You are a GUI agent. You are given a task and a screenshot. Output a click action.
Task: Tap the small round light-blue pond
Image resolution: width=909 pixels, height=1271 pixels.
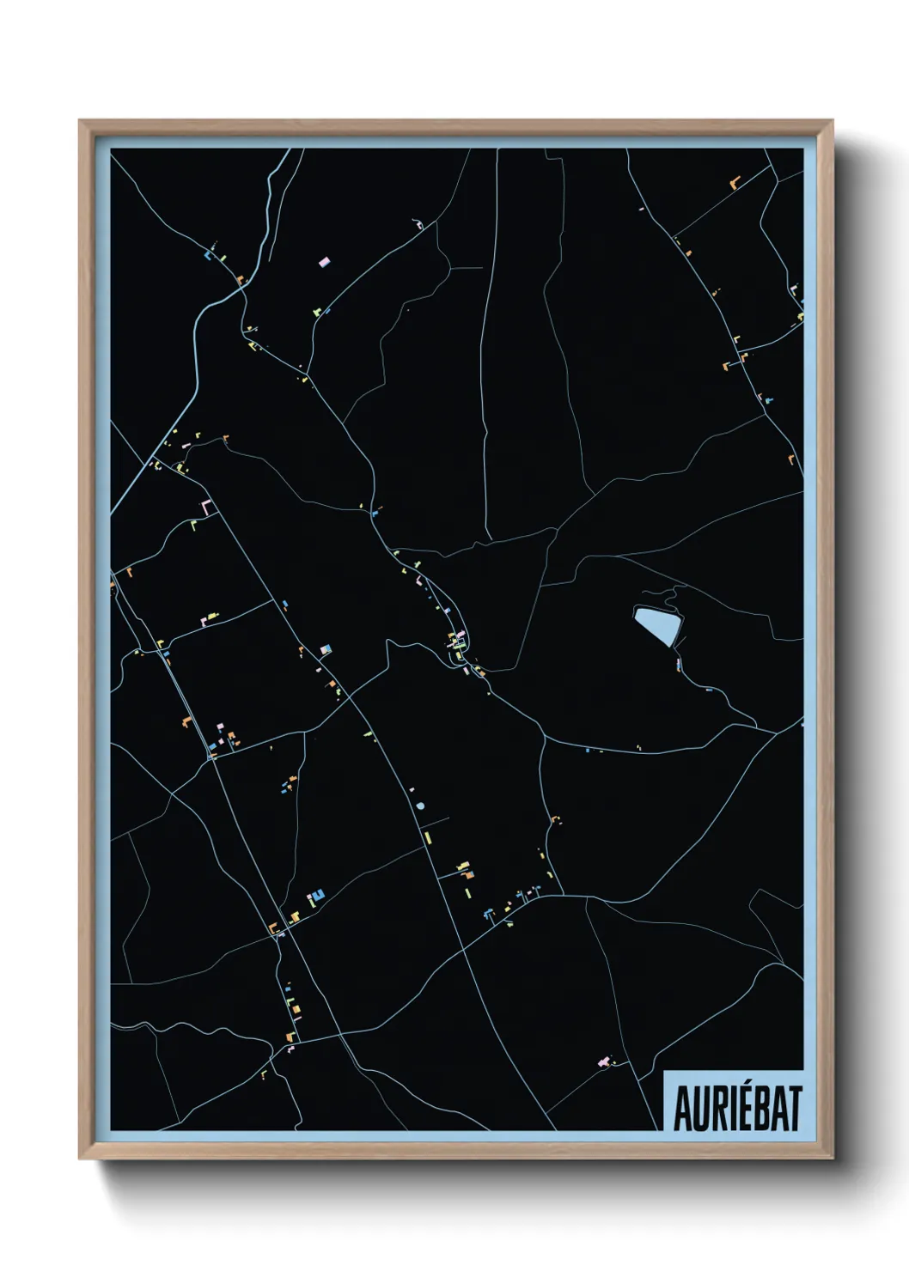(420, 806)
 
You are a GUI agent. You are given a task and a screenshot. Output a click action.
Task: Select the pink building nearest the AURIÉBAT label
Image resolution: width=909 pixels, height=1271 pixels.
(603, 1063)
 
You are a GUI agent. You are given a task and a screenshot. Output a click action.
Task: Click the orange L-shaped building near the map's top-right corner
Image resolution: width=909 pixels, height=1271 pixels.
(734, 183)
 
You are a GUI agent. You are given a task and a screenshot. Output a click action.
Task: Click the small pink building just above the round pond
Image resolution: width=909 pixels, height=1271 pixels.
(412, 789)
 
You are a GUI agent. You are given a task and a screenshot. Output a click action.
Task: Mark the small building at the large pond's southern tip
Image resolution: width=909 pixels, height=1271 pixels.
(678, 663)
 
